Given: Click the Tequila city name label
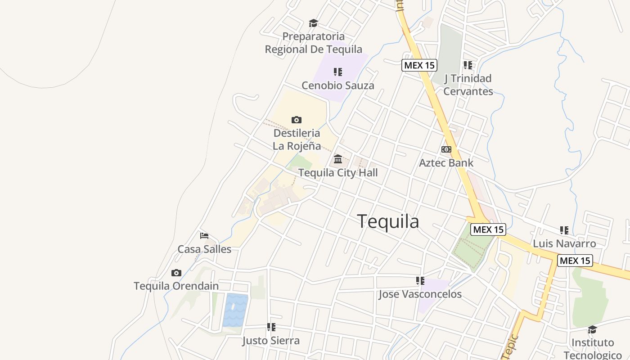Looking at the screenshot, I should coord(388,221).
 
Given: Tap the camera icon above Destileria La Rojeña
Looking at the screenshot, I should coord(296,120).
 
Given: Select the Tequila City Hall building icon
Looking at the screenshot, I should coord(338,159).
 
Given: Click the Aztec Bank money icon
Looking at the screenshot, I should coord(446,149).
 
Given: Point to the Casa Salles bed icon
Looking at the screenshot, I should coord(204,235).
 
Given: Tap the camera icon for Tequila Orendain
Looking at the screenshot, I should coord(176,273).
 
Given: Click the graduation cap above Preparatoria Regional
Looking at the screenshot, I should coord(313,23).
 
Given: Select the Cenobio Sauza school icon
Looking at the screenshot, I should coord(338,72).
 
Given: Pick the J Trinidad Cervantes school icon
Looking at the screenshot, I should coord(468,65).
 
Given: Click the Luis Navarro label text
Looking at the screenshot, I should coord(564,243).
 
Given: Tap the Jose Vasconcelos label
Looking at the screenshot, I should coord(420,294).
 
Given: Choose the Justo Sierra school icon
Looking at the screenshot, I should coord(271,327).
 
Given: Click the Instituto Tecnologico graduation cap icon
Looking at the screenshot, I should coord(592,329).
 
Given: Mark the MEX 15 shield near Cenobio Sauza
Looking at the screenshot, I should coord(419,65).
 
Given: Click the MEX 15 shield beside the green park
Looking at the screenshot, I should coord(488,229).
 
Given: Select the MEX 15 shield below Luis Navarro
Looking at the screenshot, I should coord(575,260).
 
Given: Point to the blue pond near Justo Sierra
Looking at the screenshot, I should coord(235,310).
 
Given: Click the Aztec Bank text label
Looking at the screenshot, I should coord(446,162).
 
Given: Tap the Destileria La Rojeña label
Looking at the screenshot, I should coord(297,139).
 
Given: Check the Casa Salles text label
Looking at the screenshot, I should coord(204,249).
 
